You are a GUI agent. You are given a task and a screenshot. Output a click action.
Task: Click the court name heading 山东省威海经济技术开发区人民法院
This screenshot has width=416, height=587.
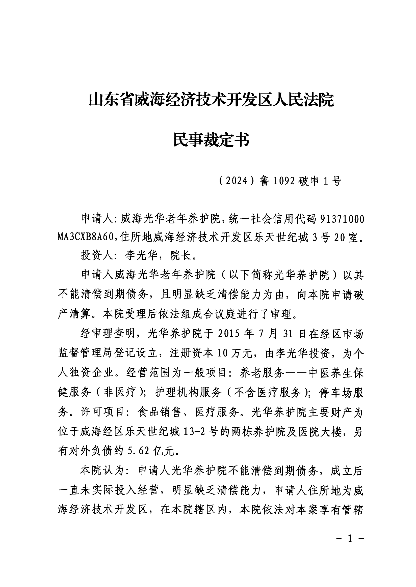point(211,100)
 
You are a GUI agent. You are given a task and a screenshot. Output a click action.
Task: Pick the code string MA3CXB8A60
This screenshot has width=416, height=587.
point(85,238)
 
